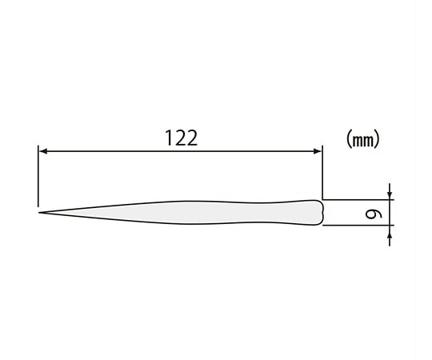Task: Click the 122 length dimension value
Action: coord(181,138)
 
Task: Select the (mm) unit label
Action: coord(363,139)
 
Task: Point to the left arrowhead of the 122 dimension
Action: coord(43,151)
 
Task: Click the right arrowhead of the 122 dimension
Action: coord(318,151)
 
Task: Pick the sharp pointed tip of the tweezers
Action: coord(39,213)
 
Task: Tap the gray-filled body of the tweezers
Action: coord(193,212)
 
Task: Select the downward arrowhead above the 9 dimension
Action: coord(390,195)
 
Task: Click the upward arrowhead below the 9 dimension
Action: coord(390,230)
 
